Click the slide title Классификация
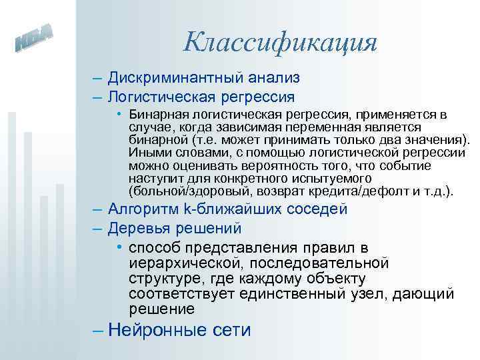pyautogui.click(x=280, y=43)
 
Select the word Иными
pyautogui.click(x=147, y=153)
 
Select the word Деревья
pyautogui.click(x=137, y=229)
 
